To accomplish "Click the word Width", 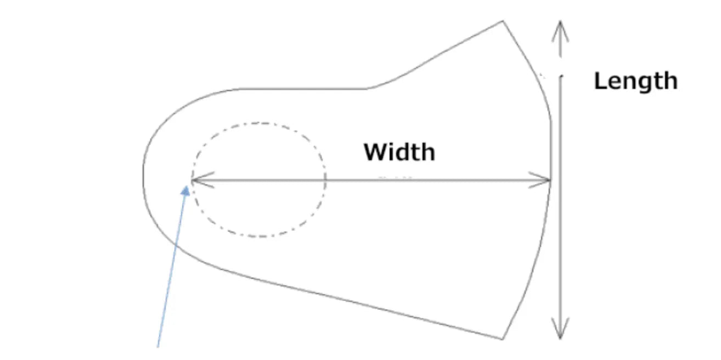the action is tap(399, 151).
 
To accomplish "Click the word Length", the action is tap(636, 81).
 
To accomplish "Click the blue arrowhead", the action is tap(186, 190).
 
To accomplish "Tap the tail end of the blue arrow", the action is tap(157, 347).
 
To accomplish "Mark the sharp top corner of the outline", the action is tap(503, 21).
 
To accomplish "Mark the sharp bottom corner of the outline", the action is tap(502, 339).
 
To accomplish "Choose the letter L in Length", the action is tap(600, 81).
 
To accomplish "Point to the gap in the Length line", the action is tap(560, 66).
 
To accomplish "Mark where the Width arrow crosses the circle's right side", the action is tap(325, 180).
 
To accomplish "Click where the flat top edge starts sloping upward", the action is tap(368, 88).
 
